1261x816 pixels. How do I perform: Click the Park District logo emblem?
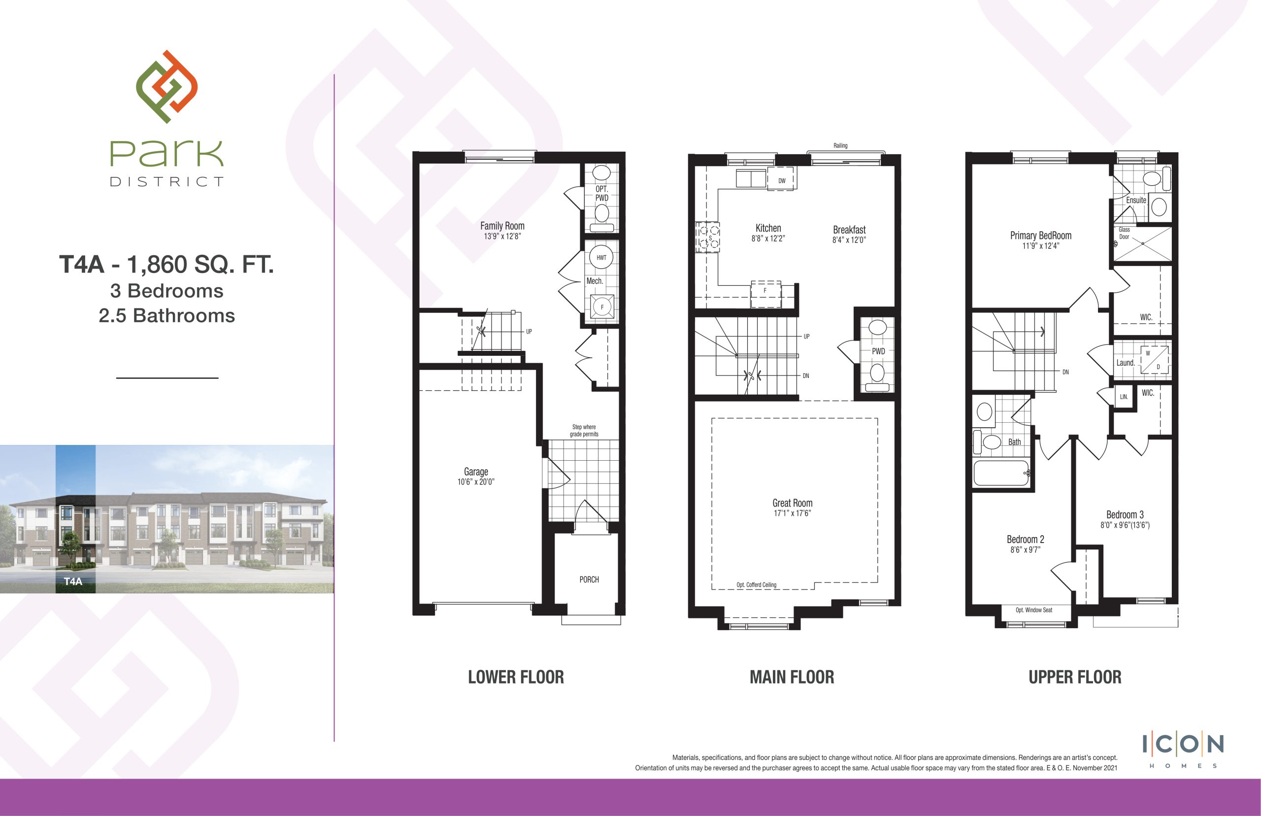click(x=167, y=87)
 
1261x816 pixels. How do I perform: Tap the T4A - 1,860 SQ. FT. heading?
click(x=166, y=265)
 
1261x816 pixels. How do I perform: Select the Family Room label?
click(x=502, y=226)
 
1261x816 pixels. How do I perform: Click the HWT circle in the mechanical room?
click(x=601, y=258)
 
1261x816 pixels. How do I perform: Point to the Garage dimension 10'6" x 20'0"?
click(x=476, y=481)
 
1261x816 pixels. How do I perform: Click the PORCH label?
click(x=589, y=579)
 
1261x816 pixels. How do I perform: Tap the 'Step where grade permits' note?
click(x=584, y=430)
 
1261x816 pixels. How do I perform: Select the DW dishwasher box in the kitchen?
click(x=782, y=178)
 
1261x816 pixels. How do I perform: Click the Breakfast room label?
click(x=849, y=230)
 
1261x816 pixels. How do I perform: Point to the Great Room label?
click(x=792, y=503)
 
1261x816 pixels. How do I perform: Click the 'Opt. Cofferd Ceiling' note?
click(x=756, y=585)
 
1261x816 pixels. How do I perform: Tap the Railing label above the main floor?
click(x=840, y=146)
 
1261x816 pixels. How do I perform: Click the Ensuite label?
click(x=1136, y=200)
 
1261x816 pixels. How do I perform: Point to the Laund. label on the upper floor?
click(x=1126, y=363)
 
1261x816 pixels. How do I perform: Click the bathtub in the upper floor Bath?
click(x=1001, y=473)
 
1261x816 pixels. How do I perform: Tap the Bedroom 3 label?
click(x=1125, y=514)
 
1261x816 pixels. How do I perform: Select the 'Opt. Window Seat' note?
click(x=1034, y=610)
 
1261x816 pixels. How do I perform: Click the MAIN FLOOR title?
click(x=792, y=677)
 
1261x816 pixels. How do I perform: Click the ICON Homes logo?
click(x=1183, y=749)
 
